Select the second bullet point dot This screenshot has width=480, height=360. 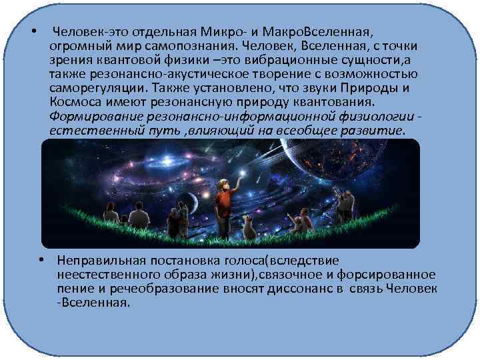41,260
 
